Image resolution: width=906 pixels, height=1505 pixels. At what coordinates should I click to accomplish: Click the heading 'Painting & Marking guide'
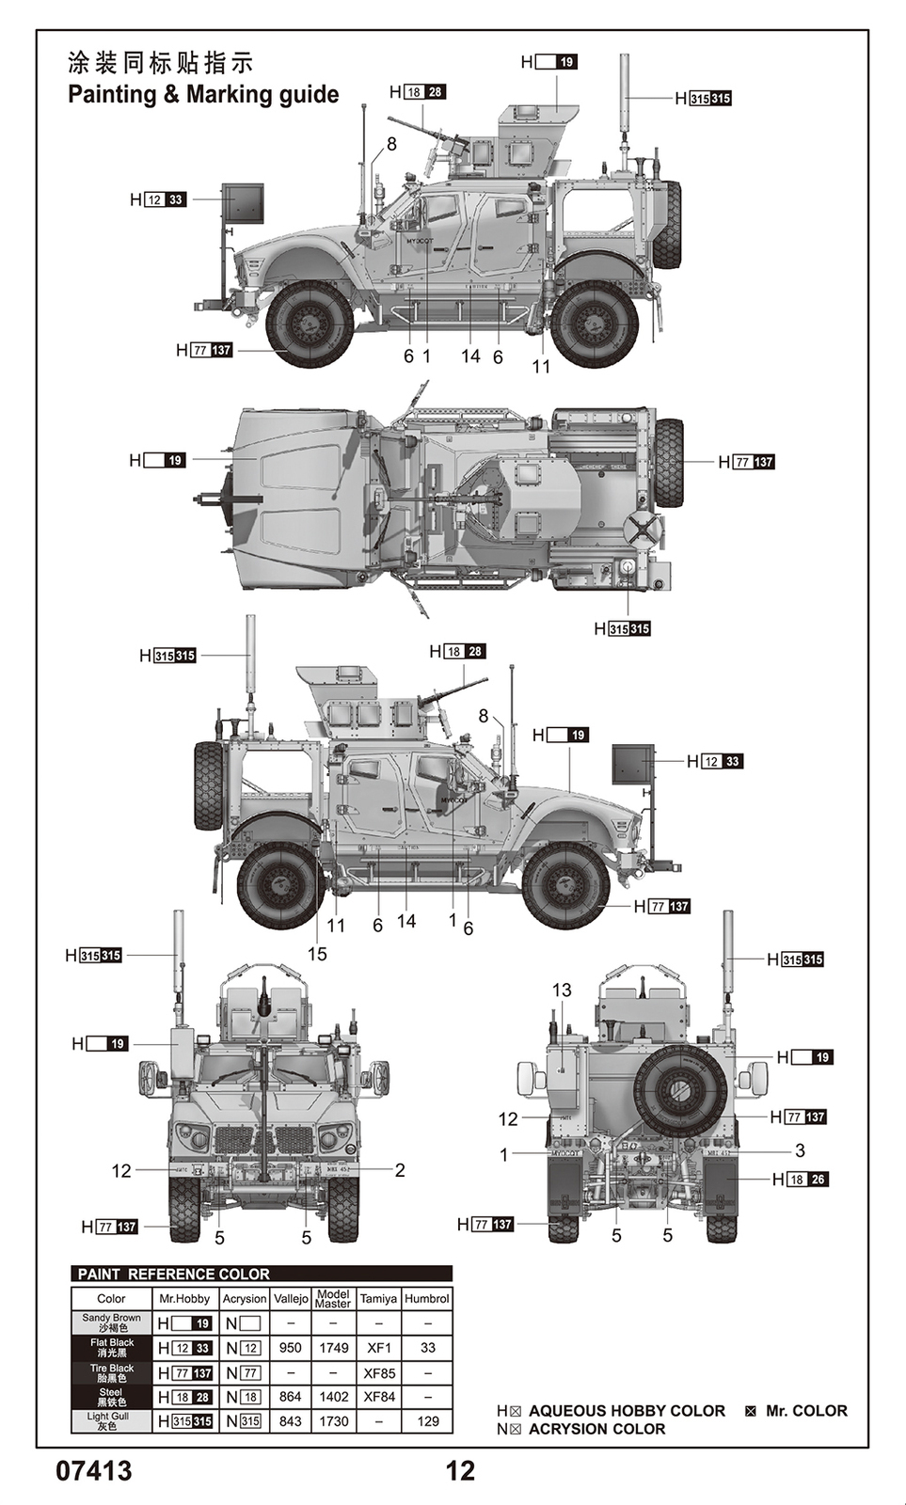click(203, 94)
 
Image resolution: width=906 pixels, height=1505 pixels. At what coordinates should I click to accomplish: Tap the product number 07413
click(94, 1470)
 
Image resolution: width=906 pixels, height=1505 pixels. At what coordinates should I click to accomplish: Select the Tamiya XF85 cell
click(378, 1373)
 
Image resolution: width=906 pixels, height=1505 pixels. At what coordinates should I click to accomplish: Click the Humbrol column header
click(427, 1298)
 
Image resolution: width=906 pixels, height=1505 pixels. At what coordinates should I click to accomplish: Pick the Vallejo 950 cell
click(291, 1348)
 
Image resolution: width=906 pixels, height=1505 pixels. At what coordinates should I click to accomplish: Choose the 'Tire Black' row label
click(111, 1373)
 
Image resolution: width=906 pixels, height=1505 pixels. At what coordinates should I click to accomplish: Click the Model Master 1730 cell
click(333, 1421)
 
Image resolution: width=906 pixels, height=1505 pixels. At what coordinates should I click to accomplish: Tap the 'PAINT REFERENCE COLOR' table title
click(174, 1274)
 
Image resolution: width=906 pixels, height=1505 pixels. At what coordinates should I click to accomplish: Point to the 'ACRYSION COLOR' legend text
click(596, 1429)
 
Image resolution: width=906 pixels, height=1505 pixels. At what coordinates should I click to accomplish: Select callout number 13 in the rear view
click(562, 990)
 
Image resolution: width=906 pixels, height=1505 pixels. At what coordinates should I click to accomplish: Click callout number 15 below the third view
click(317, 954)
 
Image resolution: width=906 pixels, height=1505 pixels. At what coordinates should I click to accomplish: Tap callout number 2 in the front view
click(400, 1170)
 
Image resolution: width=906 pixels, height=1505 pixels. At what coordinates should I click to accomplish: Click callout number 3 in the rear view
click(800, 1150)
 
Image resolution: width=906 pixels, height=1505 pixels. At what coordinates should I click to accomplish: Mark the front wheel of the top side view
click(310, 324)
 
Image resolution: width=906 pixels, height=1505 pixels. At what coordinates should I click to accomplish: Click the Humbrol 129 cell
click(427, 1421)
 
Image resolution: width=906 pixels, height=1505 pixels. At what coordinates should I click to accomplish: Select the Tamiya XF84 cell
click(378, 1397)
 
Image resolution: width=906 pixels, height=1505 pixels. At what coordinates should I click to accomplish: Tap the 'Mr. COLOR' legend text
click(806, 1411)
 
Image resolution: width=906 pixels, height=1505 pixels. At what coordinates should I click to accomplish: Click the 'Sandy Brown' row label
click(111, 1323)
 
